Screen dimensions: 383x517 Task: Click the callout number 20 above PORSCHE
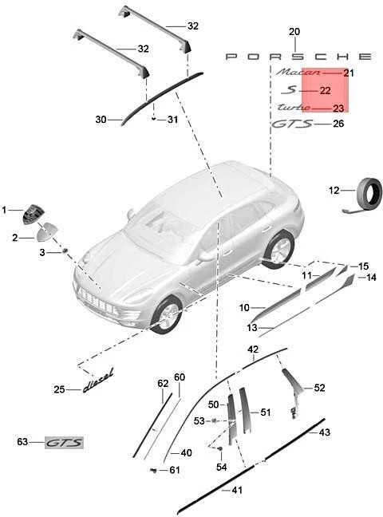pyautogui.click(x=294, y=32)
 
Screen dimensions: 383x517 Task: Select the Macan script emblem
pyautogui.click(x=298, y=72)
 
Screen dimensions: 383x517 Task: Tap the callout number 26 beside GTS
pyautogui.click(x=338, y=124)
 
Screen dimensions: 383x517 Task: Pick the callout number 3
pyautogui.click(x=42, y=253)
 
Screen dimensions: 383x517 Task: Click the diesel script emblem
pyautogui.click(x=98, y=381)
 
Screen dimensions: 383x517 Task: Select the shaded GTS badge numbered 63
pyautogui.click(x=65, y=443)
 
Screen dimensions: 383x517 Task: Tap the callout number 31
pyautogui.click(x=172, y=120)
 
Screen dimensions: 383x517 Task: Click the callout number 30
pyautogui.click(x=101, y=120)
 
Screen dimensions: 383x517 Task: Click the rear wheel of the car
pyautogui.click(x=278, y=249)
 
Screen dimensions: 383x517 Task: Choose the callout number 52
pyautogui.click(x=319, y=388)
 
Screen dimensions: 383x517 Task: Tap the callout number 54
pyautogui.click(x=222, y=467)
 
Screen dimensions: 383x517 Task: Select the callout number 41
pyautogui.click(x=237, y=491)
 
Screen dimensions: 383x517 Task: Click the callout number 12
pyautogui.click(x=334, y=190)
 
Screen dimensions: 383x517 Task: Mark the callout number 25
pyautogui.click(x=59, y=389)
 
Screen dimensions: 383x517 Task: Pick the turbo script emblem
pyautogui.click(x=294, y=107)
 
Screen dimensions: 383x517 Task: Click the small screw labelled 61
pyautogui.click(x=153, y=470)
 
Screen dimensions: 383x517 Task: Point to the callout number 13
pyautogui.click(x=252, y=328)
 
